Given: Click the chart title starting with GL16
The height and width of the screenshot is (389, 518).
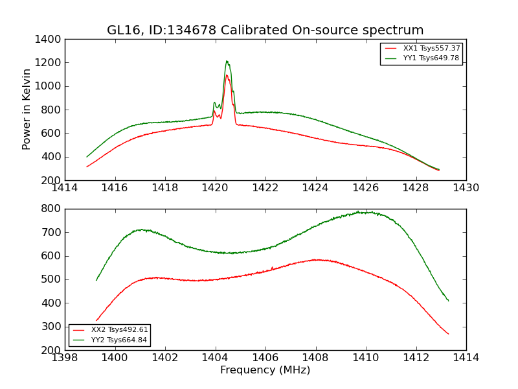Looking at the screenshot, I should tap(265, 30).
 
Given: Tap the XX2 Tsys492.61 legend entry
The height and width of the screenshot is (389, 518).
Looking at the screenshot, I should tap(120, 330).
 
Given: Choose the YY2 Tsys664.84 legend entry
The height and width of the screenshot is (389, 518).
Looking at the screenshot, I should tap(120, 340).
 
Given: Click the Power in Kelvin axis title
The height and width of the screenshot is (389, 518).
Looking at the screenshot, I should tap(27, 109).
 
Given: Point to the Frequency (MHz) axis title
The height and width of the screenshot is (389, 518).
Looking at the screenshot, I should tap(265, 370).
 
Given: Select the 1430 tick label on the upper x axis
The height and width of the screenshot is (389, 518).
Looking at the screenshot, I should tap(466, 187).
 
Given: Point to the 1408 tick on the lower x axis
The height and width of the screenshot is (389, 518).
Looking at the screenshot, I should tap(315, 357).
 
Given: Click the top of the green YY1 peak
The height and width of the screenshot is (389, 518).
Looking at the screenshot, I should tap(227, 61).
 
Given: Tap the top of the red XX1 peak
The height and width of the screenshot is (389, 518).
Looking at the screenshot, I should tap(227, 75).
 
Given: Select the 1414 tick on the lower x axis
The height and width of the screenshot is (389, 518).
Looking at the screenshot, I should tap(466, 357).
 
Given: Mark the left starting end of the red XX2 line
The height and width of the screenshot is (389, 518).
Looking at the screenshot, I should tap(96, 320).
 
